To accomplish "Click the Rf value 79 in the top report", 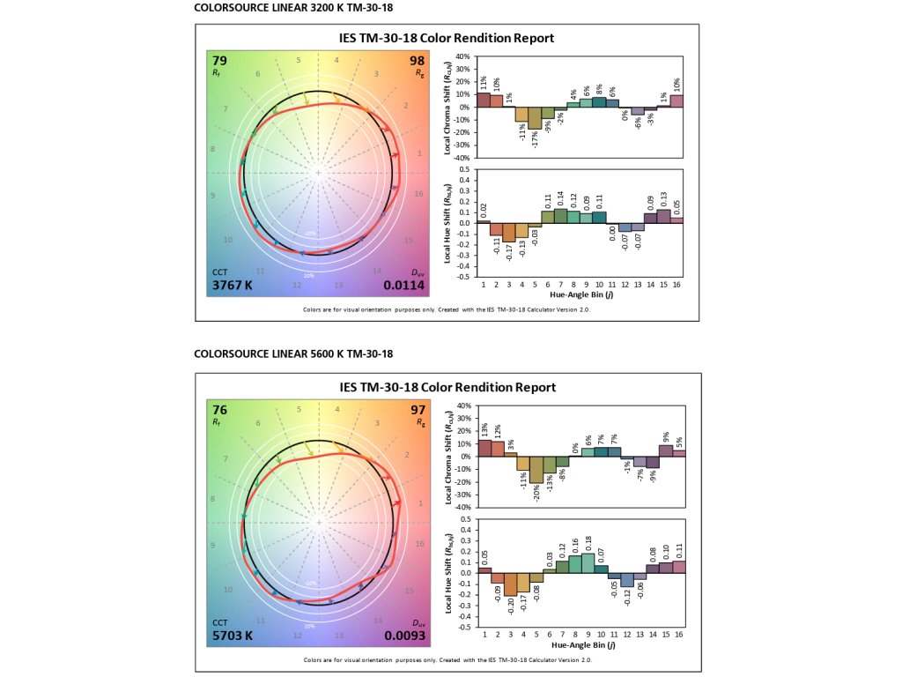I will coord(220,60).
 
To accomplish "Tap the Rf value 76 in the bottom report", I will coord(220,409).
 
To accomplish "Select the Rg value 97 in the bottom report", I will coord(418,409).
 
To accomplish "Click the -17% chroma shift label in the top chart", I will coord(535,139).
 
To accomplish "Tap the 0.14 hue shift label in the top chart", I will coord(560,198).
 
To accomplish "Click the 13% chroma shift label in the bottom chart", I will coord(484,429).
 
